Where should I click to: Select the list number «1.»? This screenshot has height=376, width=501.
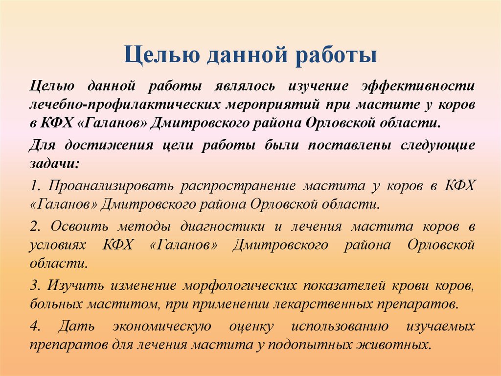[x=34, y=186]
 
